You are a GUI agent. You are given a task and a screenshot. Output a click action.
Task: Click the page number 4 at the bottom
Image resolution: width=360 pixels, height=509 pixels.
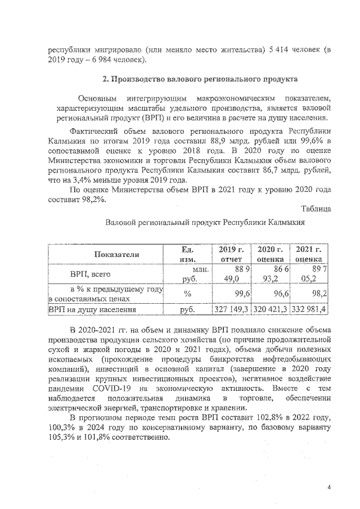click(x=329, y=487)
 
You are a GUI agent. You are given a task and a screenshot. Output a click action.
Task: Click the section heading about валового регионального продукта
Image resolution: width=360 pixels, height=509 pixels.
click(x=188, y=77)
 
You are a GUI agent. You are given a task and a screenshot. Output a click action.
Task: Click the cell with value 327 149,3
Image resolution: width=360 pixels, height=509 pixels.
click(x=232, y=309)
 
